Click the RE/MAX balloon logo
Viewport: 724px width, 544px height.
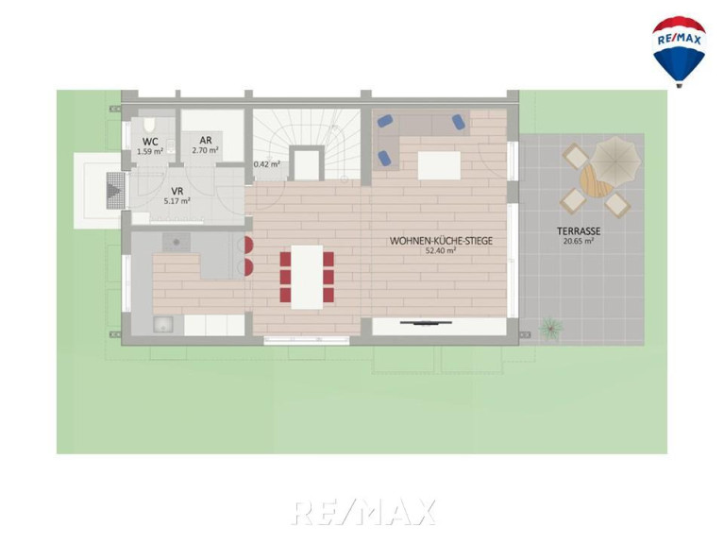pyautogui.click(x=679, y=51)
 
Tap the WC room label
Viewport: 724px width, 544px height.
pyautogui.click(x=150, y=142)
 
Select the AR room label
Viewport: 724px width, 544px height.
pyautogui.click(x=206, y=140)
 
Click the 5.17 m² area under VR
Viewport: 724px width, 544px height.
pyautogui.click(x=177, y=201)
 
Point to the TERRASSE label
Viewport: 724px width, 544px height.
pyautogui.click(x=579, y=230)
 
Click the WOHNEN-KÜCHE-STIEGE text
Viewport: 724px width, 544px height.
pyautogui.click(x=441, y=241)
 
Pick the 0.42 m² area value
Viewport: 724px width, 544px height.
pyautogui.click(x=267, y=164)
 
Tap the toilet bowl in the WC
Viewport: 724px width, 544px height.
pyautogui.click(x=149, y=125)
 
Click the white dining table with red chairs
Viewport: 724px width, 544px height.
pyautogui.click(x=307, y=277)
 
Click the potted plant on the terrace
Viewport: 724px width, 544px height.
pyautogui.click(x=551, y=329)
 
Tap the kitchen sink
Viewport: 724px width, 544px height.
pyautogui.click(x=163, y=325)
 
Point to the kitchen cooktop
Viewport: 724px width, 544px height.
pyautogui.click(x=176, y=242)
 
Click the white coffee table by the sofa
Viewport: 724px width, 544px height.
pyautogui.click(x=439, y=165)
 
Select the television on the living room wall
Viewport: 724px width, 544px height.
pyautogui.click(x=426, y=323)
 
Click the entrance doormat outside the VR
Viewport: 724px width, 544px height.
pyautogui.click(x=115, y=190)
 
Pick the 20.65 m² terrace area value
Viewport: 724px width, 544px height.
pyautogui.click(x=579, y=241)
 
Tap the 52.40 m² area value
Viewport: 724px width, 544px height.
pyautogui.click(x=441, y=251)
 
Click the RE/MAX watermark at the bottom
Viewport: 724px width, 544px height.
pyautogui.click(x=362, y=512)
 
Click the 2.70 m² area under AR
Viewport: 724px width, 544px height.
pyautogui.click(x=206, y=150)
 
